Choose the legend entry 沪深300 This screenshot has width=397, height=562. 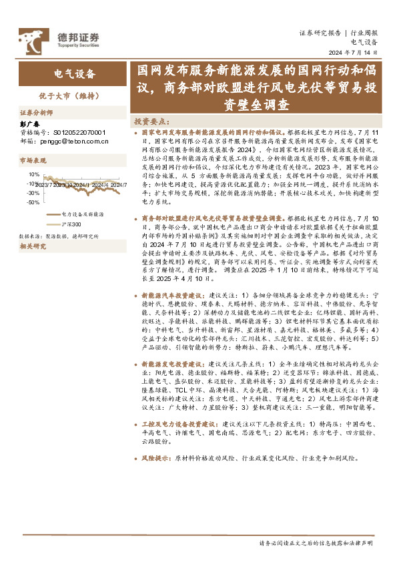pyautogui.click(x=71, y=225)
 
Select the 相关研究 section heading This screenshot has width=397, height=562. pyautogui.click(x=33, y=246)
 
